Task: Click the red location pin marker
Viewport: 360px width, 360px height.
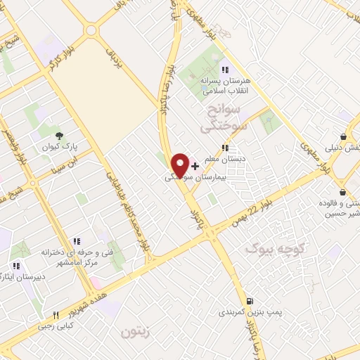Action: (x=181, y=165)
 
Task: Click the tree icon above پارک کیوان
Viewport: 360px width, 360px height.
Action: (x=59, y=136)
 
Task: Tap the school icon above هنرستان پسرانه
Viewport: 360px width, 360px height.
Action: (x=224, y=70)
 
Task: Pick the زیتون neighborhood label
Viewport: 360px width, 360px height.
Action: (x=135, y=330)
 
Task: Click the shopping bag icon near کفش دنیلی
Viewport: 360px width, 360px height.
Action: (x=342, y=136)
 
